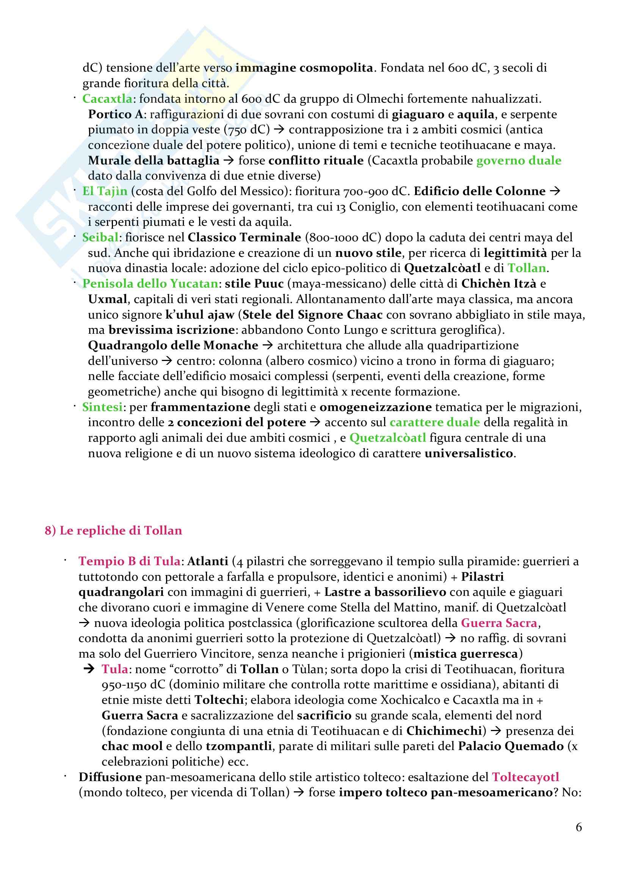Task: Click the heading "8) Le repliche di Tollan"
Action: tap(113, 530)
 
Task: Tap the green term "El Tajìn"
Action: tap(105, 191)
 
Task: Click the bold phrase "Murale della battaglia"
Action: tap(154, 160)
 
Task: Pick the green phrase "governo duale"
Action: tap(519, 160)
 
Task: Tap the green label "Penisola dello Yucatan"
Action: tap(150, 283)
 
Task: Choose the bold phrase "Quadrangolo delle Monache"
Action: tap(173, 345)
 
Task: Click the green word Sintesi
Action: tap(102, 407)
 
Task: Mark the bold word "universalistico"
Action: tap(469, 453)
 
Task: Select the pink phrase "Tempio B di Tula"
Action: tap(129, 561)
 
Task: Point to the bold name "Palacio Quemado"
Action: tap(511, 746)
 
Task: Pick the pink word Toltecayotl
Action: tap(525, 777)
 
